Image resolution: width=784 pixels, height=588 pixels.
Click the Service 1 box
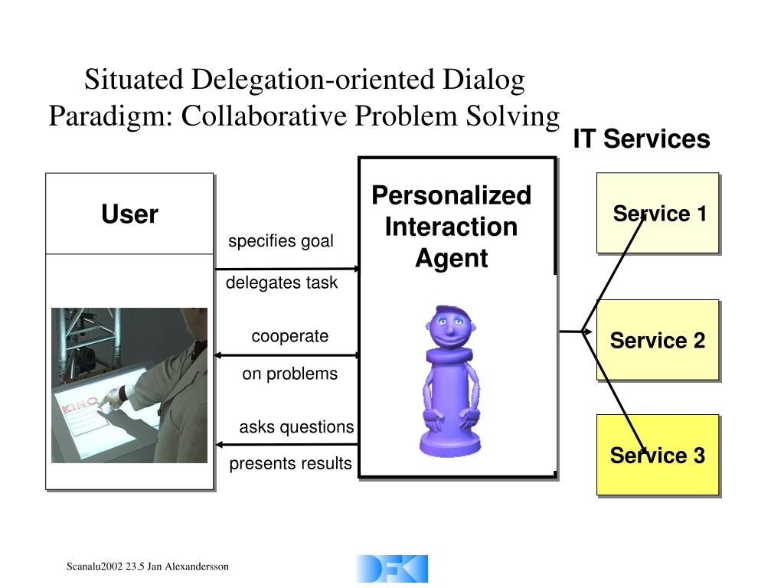[x=658, y=213]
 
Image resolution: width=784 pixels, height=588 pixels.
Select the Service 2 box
[x=658, y=340]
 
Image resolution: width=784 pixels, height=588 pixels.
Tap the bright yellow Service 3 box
[x=658, y=455]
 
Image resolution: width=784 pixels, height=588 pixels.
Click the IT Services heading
[x=642, y=139]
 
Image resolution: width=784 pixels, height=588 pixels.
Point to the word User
[x=129, y=214]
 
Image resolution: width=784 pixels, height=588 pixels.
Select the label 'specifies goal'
[x=281, y=241]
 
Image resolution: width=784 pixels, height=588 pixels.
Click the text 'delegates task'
[x=281, y=283]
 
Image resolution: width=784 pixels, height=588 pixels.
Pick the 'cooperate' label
[x=289, y=336]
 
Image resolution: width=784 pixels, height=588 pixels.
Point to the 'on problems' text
[x=289, y=374]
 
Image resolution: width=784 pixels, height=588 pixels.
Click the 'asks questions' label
[x=296, y=427]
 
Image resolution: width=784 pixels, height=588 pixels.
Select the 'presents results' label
[x=291, y=463]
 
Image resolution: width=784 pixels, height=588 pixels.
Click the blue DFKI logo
[x=392, y=569]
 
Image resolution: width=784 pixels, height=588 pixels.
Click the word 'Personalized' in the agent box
[x=451, y=196]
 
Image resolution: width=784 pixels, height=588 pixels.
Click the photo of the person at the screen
[x=129, y=385]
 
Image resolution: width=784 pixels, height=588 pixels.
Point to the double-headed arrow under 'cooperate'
[x=287, y=355]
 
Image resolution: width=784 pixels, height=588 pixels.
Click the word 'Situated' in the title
[x=134, y=80]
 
